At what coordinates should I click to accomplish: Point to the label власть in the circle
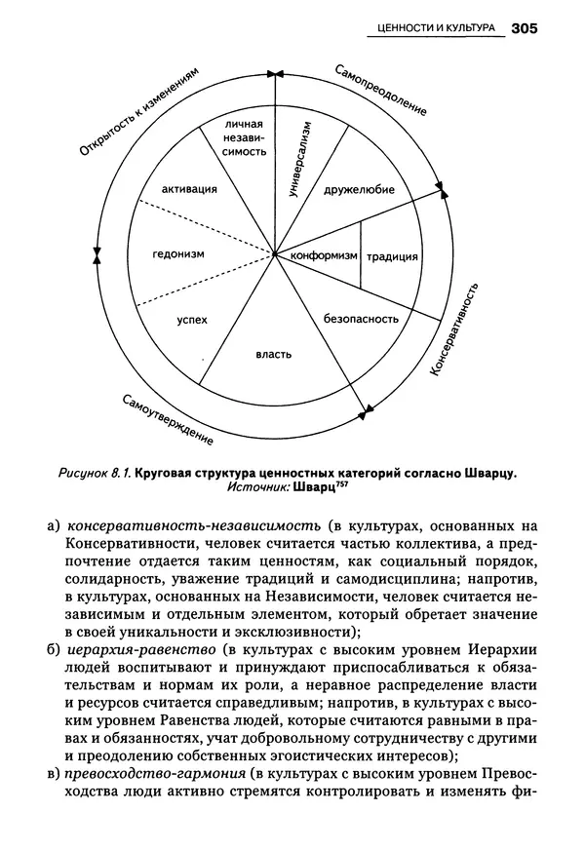click(x=273, y=354)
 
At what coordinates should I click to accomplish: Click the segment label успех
click(x=192, y=319)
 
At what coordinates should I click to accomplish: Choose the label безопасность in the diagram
click(x=362, y=318)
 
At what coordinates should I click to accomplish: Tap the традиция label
click(x=392, y=257)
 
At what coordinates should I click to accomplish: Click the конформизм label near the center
click(x=318, y=256)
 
